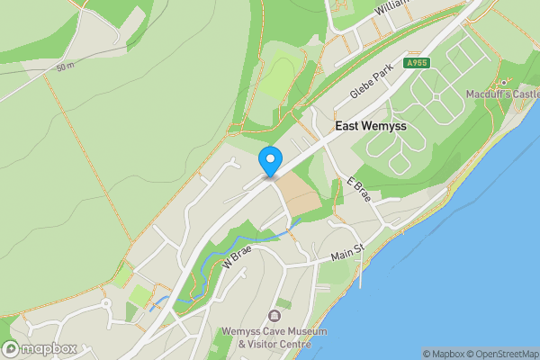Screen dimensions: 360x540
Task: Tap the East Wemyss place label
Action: (x=371, y=127)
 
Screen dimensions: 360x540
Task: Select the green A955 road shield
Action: (x=416, y=63)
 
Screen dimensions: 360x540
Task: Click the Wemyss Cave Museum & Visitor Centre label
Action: (x=274, y=337)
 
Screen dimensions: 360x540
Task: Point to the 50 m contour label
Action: (x=64, y=67)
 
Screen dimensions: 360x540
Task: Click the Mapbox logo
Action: (x=40, y=349)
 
